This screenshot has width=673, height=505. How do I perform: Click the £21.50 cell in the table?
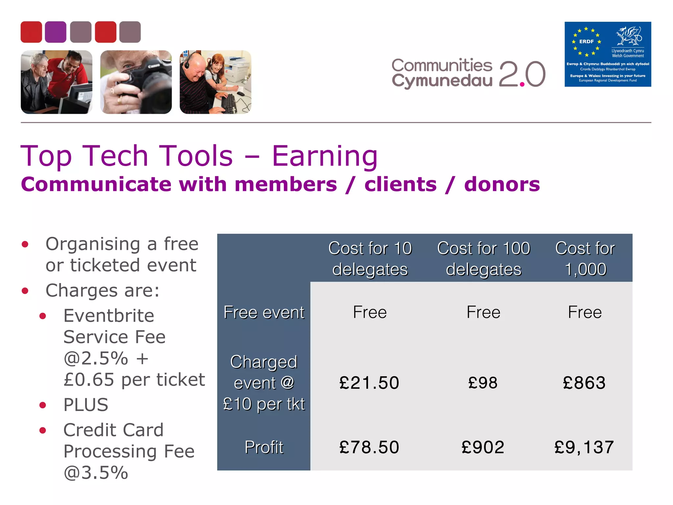(369, 383)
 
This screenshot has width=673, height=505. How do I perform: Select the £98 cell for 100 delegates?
(483, 383)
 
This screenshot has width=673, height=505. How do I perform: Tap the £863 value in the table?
(584, 383)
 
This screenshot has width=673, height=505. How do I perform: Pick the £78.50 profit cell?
(369, 447)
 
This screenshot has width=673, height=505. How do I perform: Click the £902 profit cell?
(483, 447)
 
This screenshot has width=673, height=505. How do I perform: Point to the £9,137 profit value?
(584, 447)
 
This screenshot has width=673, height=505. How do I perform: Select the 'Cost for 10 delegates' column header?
(370, 259)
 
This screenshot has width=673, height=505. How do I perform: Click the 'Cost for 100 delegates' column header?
(483, 259)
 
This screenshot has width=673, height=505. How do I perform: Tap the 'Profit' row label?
(264, 447)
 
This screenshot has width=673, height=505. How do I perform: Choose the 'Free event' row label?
(264, 312)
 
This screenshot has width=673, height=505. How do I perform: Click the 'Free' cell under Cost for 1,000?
(585, 312)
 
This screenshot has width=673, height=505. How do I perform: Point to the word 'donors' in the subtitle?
(502, 184)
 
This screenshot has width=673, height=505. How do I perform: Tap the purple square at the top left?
(56, 32)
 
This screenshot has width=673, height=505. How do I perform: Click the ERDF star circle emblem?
(586, 42)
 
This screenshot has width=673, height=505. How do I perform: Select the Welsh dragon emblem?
(629, 36)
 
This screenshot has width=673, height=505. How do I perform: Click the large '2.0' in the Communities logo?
(522, 74)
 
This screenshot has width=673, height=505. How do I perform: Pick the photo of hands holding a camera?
(136, 82)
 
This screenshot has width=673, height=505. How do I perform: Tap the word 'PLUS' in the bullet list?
(86, 405)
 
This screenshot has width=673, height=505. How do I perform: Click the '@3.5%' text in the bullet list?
(96, 473)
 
